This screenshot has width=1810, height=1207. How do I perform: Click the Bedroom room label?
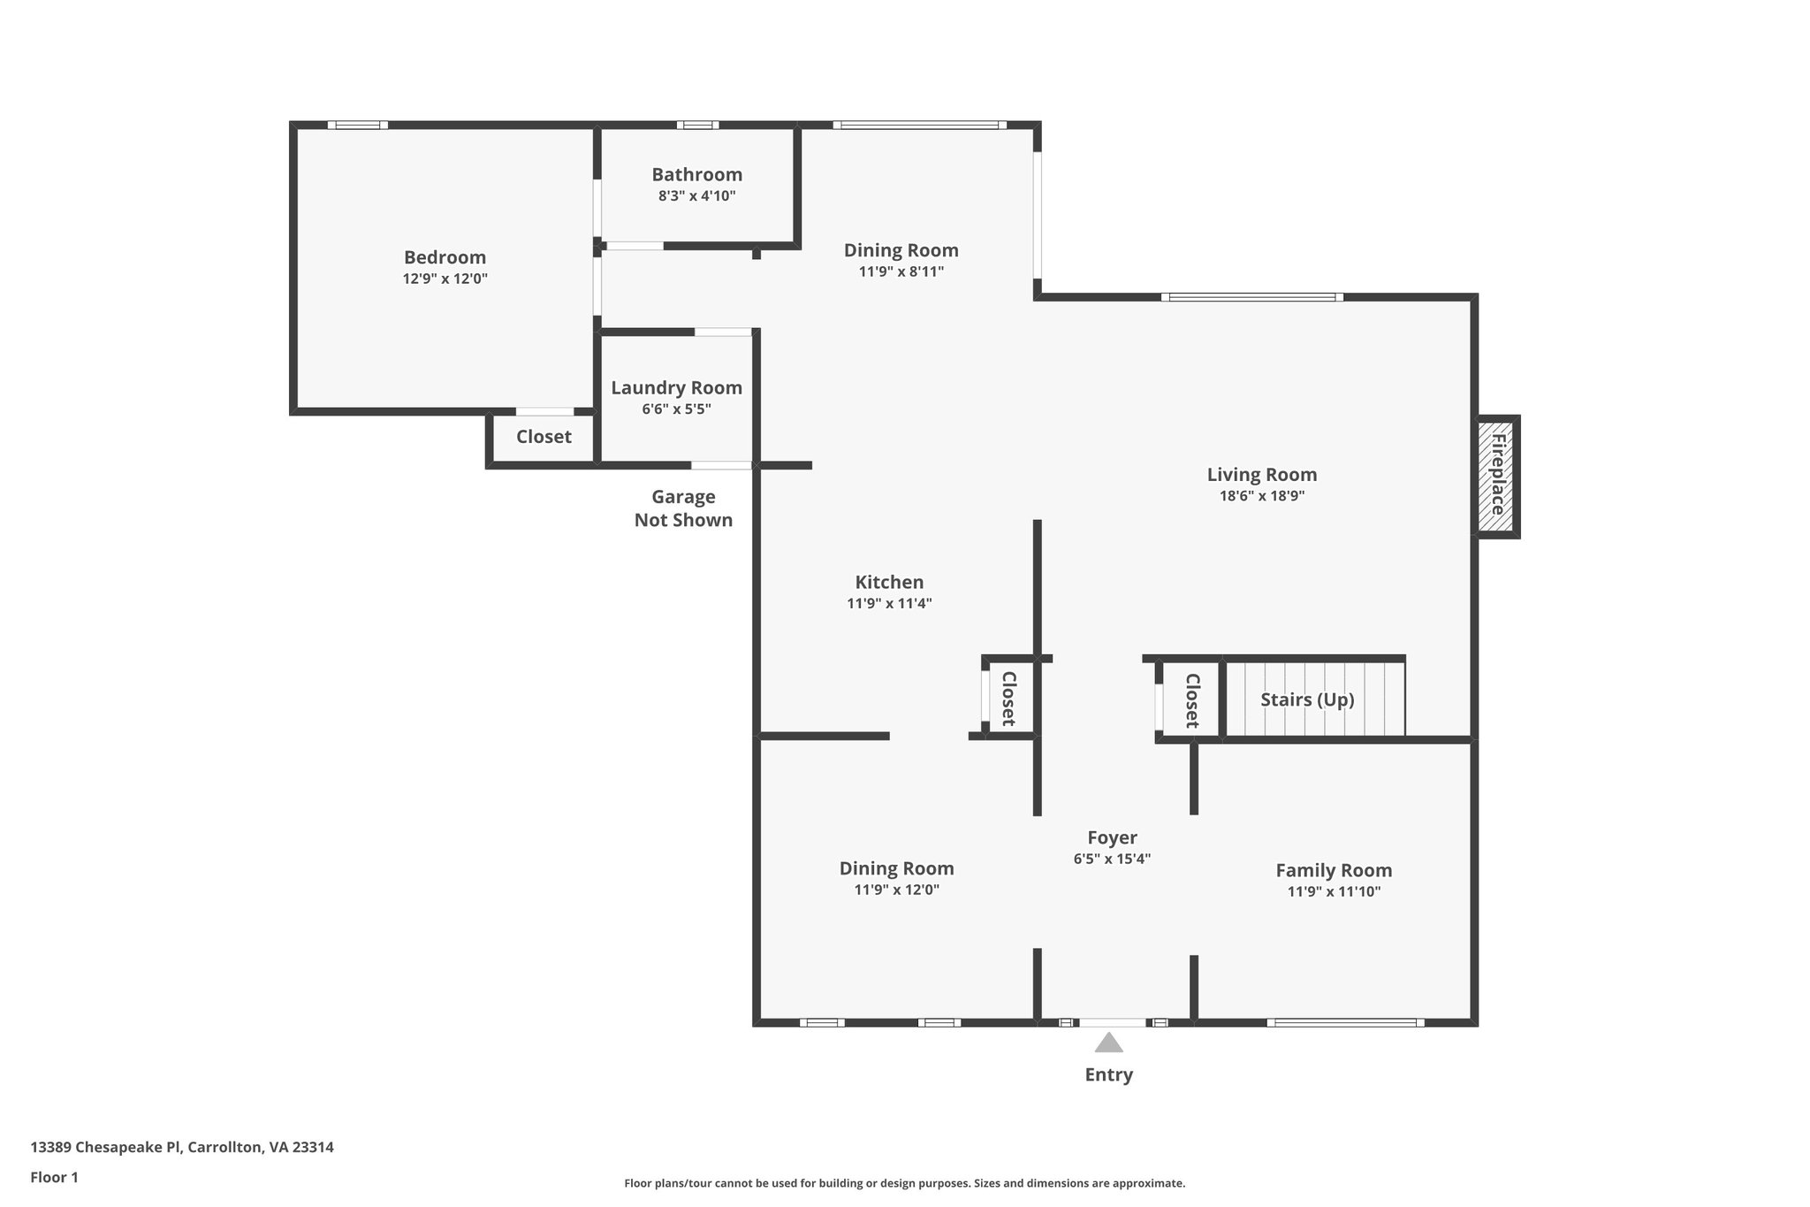[x=445, y=257]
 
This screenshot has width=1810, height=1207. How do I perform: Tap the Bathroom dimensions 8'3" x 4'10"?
[x=696, y=195]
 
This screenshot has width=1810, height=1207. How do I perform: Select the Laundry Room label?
[x=676, y=387]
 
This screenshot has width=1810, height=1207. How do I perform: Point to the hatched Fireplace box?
[x=1496, y=477]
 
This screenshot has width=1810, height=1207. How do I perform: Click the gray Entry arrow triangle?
[x=1108, y=1043]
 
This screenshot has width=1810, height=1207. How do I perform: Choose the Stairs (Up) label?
[x=1307, y=699]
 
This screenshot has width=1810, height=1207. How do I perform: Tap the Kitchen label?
[x=889, y=582]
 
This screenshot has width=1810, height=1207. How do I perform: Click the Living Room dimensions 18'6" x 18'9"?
[x=1262, y=496]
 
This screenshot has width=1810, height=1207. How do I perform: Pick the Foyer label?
[x=1112, y=837]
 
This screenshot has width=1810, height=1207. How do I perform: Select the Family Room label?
[x=1334, y=870]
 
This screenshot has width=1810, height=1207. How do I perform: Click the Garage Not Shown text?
[x=683, y=508]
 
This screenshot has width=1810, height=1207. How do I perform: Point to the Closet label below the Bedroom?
[x=544, y=437]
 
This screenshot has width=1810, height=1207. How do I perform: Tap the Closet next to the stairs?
[x=1191, y=700]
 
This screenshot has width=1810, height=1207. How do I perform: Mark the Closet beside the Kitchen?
[x=1008, y=698]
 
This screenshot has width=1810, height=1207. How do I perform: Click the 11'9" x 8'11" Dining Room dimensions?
[x=901, y=271]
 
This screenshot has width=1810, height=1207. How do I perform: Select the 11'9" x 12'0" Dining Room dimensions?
[x=896, y=890]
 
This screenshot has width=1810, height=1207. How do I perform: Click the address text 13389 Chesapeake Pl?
[x=106, y=1148]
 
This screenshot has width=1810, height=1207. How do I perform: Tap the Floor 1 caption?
[x=54, y=1178]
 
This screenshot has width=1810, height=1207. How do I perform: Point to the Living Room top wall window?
[x=1252, y=297]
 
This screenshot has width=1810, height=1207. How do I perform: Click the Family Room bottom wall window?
[x=1345, y=1023]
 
